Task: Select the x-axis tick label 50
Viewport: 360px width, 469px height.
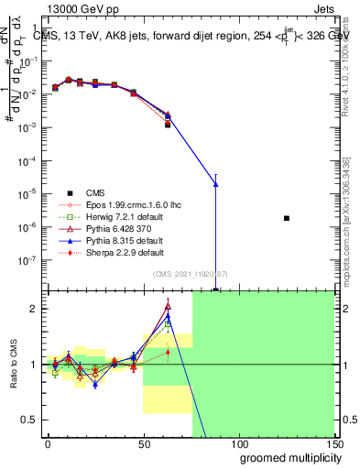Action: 144,443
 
